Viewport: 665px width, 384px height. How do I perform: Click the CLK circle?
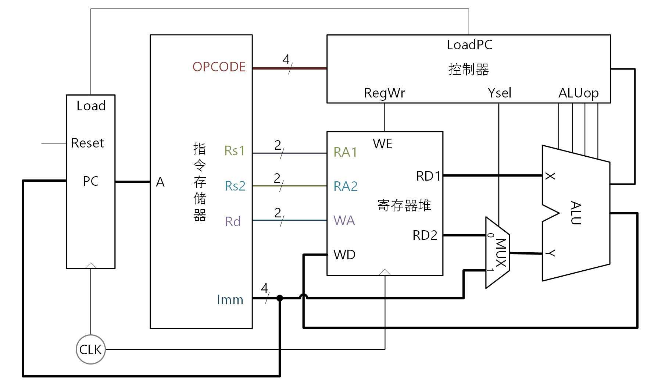(x=90, y=349)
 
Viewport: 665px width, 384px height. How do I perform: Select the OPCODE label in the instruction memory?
(x=219, y=67)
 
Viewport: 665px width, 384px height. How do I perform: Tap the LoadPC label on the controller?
(x=469, y=45)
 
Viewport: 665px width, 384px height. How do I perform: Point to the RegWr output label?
(x=385, y=93)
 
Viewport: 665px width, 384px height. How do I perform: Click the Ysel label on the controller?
(x=499, y=93)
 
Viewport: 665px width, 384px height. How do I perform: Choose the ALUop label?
(x=578, y=93)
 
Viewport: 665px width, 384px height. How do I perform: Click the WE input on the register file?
(x=382, y=143)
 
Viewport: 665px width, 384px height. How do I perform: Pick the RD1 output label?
(x=428, y=176)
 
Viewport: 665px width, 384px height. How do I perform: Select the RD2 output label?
(x=425, y=235)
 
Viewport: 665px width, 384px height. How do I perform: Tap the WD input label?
(x=344, y=255)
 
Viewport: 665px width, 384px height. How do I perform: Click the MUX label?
(x=501, y=252)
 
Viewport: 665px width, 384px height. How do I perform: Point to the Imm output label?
(x=230, y=300)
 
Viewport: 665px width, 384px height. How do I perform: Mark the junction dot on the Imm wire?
(x=280, y=298)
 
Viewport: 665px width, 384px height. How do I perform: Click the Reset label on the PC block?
(x=87, y=143)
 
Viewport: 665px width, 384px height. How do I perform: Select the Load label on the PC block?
(x=91, y=106)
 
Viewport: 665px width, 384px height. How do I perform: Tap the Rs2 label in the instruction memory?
(x=235, y=186)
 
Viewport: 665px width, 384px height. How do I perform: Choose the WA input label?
(x=344, y=221)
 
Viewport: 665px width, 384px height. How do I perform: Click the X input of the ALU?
(x=550, y=176)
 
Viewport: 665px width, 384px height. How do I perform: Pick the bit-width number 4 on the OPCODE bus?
(x=286, y=59)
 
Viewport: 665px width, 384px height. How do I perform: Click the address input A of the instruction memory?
(x=160, y=182)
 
